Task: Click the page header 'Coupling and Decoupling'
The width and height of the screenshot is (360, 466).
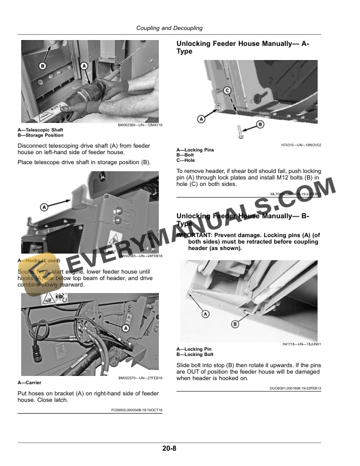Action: click(x=169, y=28)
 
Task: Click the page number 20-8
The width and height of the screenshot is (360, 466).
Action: click(x=170, y=448)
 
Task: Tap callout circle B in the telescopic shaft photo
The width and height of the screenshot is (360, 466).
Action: click(x=42, y=66)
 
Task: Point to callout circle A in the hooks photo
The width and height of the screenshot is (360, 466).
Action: click(x=44, y=207)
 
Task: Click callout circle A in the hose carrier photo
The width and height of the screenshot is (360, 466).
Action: click(x=125, y=328)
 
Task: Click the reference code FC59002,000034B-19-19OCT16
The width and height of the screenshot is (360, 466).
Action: click(x=137, y=410)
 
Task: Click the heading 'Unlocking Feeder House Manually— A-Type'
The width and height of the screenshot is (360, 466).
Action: click(x=242, y=48)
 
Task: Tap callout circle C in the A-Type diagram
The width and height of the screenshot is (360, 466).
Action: click(x=226, y=90)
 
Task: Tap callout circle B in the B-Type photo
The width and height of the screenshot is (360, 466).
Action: click(x=235, y=324)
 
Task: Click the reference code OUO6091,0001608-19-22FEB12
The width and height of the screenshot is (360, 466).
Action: click(x=295, y=388)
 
